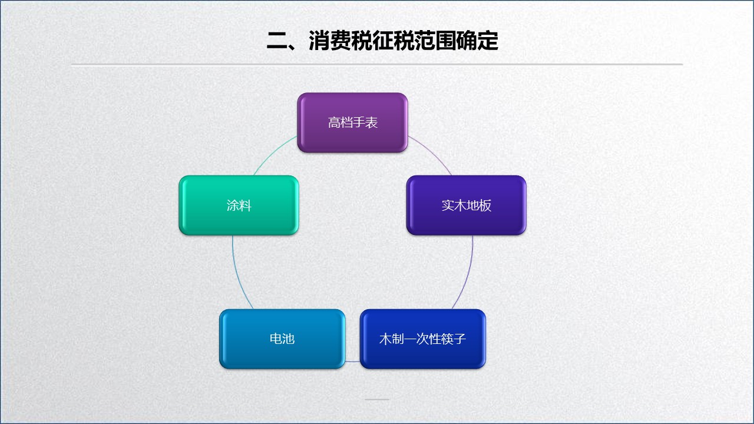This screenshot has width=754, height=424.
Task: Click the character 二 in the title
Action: [277, 41]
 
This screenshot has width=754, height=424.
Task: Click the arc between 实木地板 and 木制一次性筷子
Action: [468, 274]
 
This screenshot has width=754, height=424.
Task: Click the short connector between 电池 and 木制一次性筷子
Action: [352, 361]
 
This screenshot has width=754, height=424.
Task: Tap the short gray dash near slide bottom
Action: [377, 399]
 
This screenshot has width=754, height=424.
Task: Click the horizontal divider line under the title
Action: [377, 64]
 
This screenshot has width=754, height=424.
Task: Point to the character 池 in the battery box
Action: [288, 339]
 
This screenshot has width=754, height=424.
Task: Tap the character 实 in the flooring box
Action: [448, 206]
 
